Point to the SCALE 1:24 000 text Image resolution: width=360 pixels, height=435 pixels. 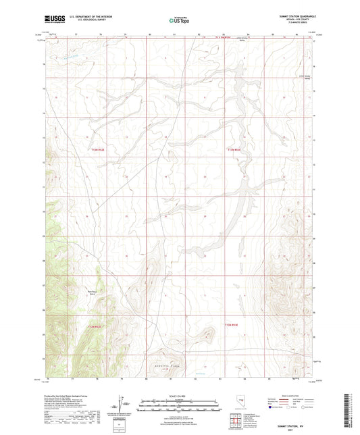click(x=180, y=395)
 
